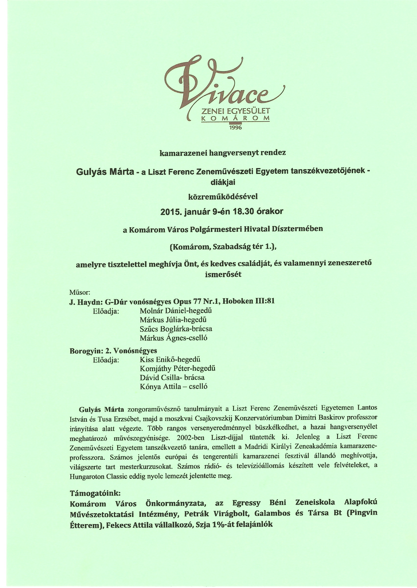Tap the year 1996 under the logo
pos(235,127)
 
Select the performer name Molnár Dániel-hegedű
pos(176,311)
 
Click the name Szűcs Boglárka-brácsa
pos(176,329)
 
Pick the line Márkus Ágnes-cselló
pos(173,338)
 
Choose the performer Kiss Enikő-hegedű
pos(170,359)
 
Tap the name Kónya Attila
pos(160,387)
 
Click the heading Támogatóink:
pos(95,493)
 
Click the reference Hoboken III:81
pos(248,301)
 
